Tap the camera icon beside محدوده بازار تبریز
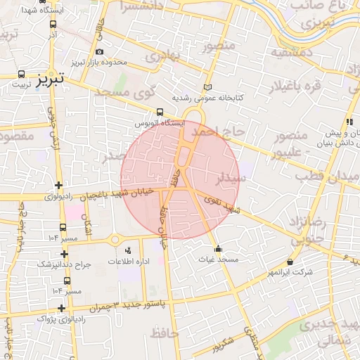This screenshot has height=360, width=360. (99, 51)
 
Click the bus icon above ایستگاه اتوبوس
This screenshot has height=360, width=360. (161, 111)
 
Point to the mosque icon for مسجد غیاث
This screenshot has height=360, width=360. (218, 248)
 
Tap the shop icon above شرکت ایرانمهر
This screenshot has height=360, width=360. (290, 262)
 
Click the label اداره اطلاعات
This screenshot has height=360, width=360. (127, 261)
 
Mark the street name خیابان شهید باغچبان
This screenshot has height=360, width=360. (122, 195)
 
